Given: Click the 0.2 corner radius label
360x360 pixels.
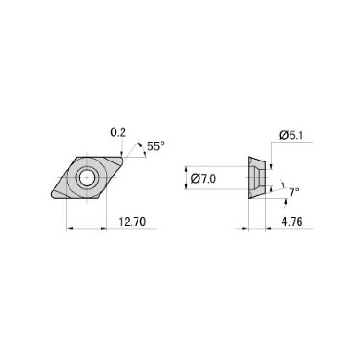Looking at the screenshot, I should click(118, 133).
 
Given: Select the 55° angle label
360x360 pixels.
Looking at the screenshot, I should click(156, 146).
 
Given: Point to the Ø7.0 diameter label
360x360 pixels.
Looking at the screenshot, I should click(204, 178).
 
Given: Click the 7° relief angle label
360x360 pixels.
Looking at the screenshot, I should click(294, 191).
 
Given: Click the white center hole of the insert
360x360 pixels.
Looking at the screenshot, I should click(86, 177).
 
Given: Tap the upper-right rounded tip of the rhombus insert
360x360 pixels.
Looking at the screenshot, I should click(121, 161).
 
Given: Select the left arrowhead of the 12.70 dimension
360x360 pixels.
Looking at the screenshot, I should click(70, 229).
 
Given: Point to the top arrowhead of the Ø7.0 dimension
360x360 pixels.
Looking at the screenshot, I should click(187, 169).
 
